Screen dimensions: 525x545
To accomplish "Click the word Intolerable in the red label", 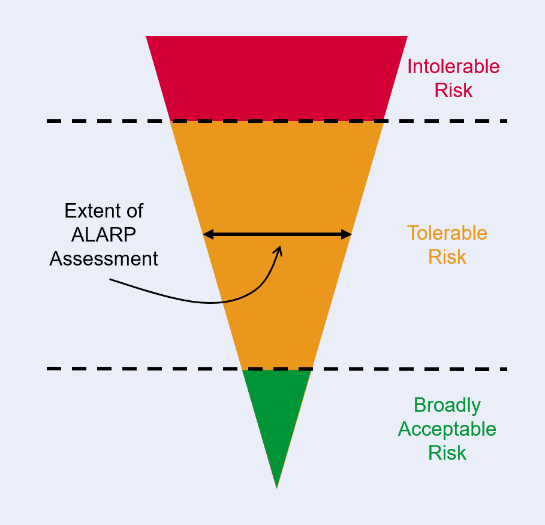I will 453,66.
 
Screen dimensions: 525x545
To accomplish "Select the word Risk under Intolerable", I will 453,90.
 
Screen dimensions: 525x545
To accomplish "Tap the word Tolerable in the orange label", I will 447,233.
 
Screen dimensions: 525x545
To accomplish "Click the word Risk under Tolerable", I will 447,257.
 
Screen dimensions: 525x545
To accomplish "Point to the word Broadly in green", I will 447,405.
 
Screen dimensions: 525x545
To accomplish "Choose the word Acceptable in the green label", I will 447,429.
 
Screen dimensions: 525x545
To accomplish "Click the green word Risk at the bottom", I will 447,452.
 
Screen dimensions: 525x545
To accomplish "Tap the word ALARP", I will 104,235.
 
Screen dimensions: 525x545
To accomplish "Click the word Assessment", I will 104,258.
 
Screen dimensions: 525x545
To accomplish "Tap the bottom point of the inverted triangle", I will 277,487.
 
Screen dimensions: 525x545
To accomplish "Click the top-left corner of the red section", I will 147,37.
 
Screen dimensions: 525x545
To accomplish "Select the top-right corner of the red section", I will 407,37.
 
